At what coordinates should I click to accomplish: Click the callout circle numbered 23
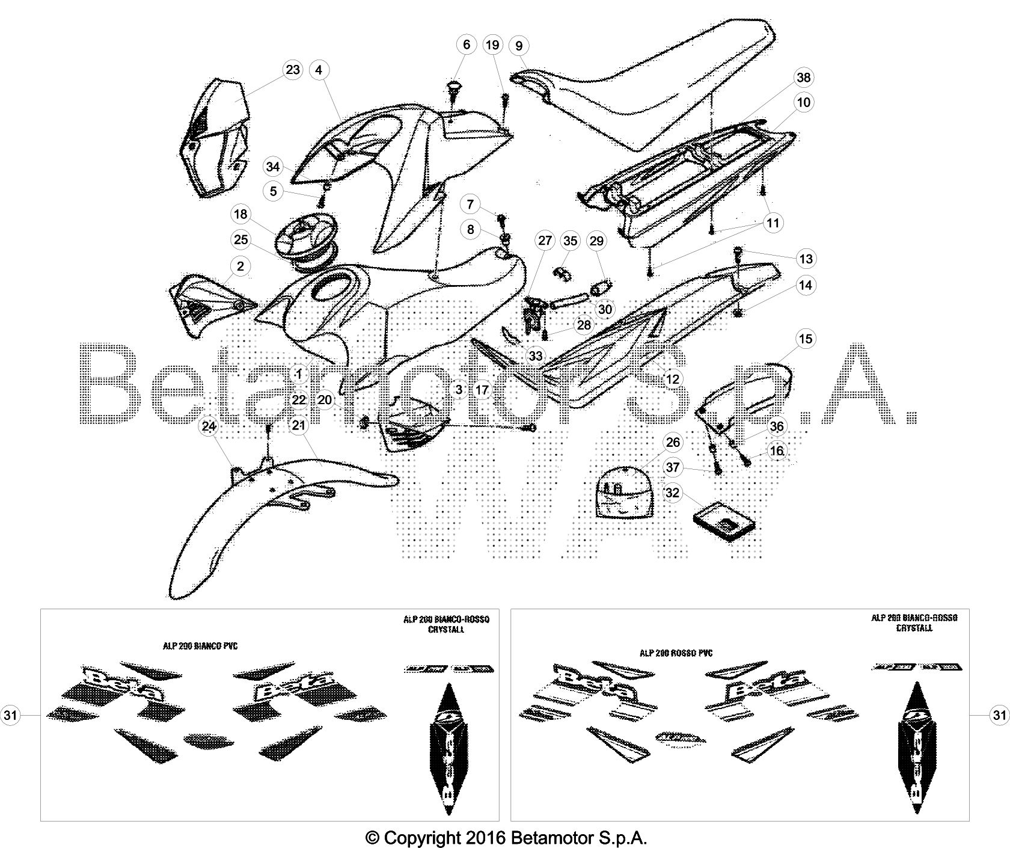pyautogui.click(x=292, y=70)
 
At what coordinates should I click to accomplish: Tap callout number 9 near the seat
pyautogui.click(x=519, y=45)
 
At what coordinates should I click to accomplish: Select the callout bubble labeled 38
pyautogui.click(x=803, y=78)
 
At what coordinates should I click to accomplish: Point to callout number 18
pyautogui.click(x=240, y=214)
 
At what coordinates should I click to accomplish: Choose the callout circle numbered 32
pyautogui.click(x=673, y=493)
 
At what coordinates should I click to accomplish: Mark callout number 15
pyautogui.click(x=806, y=339)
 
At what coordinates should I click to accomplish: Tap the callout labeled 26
pyautogui.click(x=673, y=443)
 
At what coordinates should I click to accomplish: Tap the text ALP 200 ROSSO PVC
pyautogui.click(x=676, y=653)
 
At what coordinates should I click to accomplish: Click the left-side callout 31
pyautogui.click(x=10, y=715)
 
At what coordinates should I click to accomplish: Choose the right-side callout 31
pyautogui.click(x=999, y=715)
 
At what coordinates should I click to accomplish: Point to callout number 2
pyautogui.click(x=240, y=266)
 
